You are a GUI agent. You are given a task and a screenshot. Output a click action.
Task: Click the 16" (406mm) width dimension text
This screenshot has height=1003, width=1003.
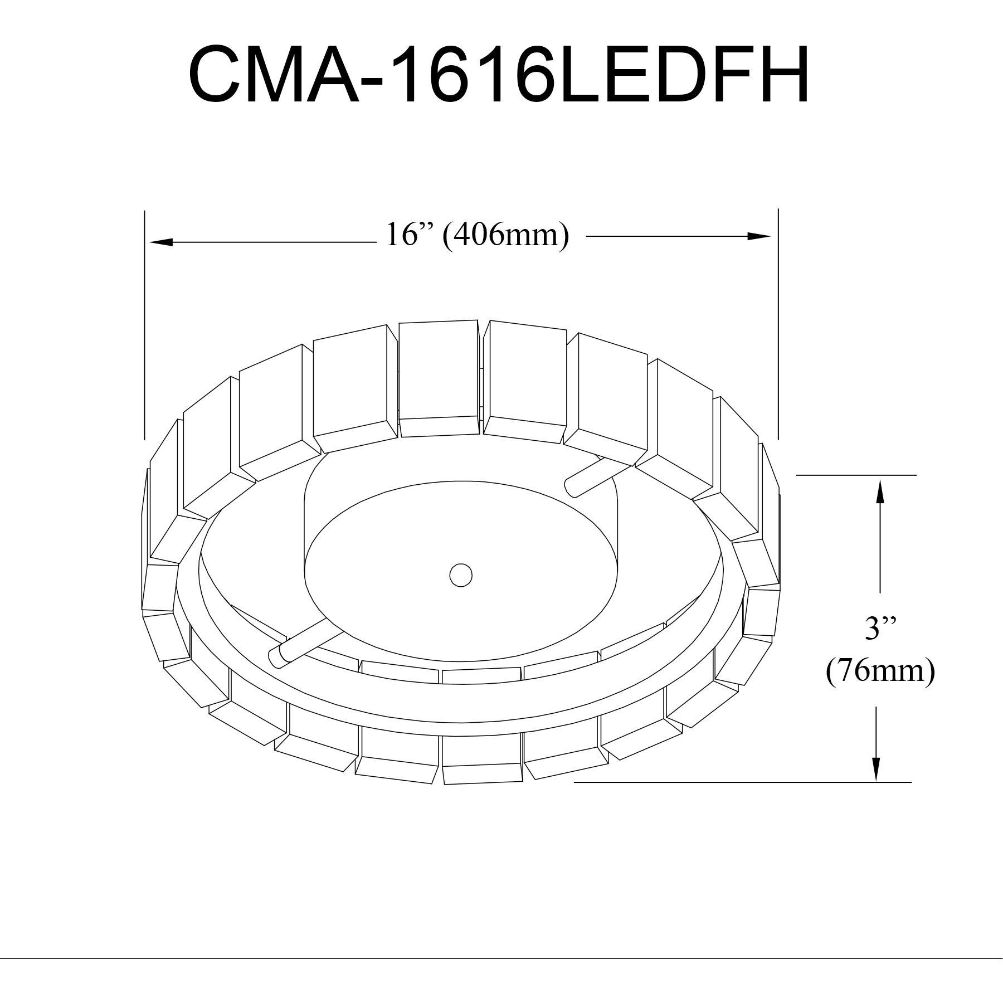478,235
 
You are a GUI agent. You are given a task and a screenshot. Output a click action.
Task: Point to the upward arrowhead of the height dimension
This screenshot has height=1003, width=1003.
880,491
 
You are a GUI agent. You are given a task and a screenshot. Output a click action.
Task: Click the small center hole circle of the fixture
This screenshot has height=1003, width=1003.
461,574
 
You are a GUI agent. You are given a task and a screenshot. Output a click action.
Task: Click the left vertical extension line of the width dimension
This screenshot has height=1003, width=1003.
144,323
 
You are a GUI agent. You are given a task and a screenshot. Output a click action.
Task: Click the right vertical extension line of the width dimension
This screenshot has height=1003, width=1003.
778,323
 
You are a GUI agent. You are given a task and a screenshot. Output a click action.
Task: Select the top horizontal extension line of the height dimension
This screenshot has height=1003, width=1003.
856,475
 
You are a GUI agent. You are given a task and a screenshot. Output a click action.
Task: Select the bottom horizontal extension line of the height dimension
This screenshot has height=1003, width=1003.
741,782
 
